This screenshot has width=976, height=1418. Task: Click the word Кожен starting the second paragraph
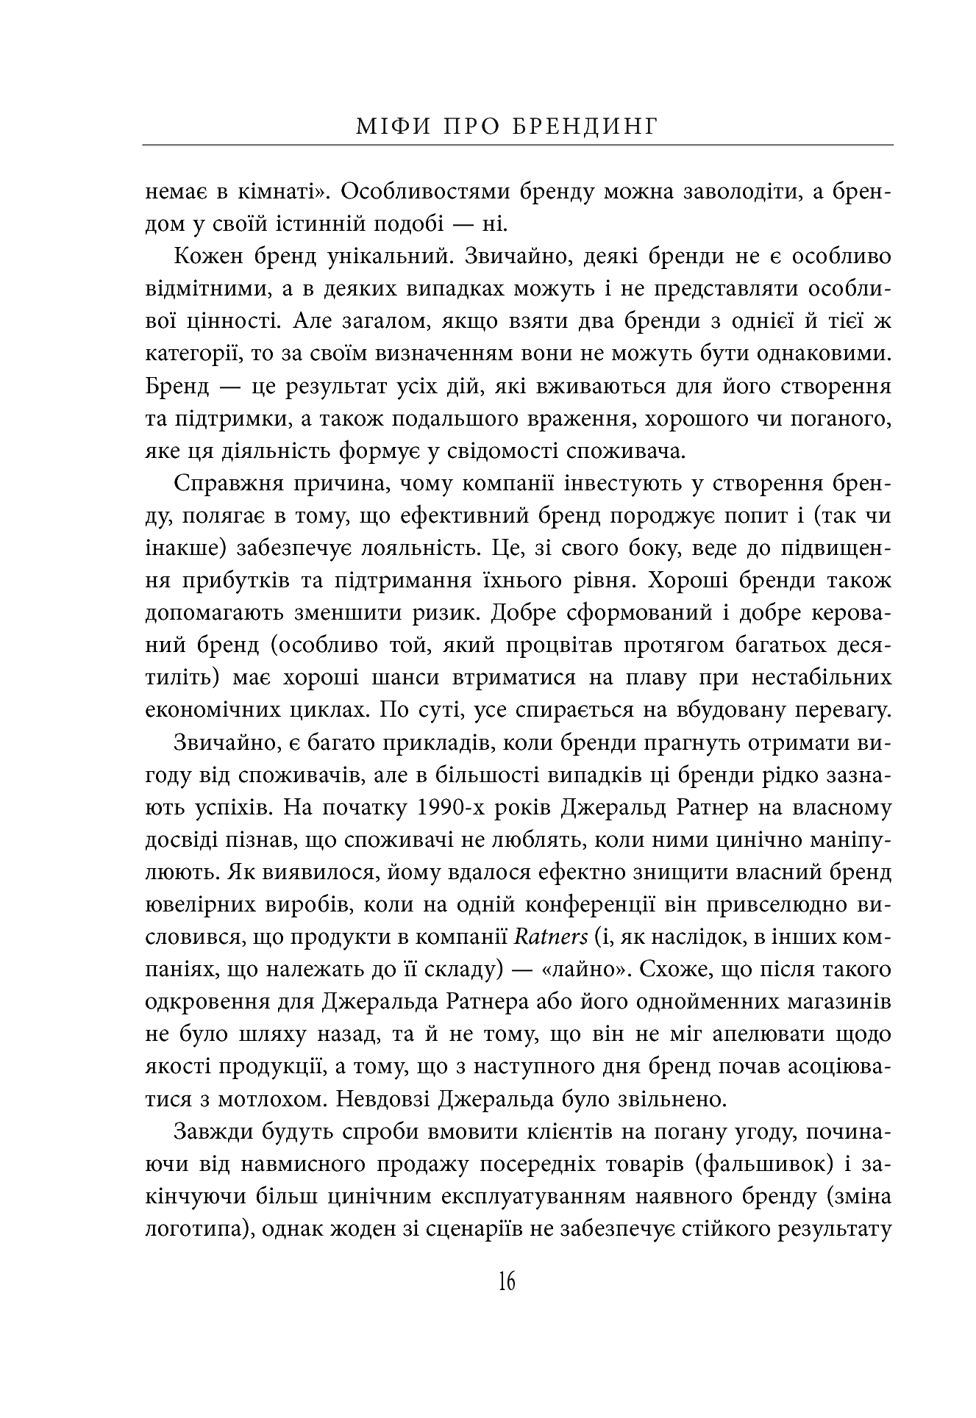coord(208,258)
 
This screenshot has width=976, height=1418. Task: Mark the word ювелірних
coord(201,905)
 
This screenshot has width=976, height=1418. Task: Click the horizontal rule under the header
coord(518,146)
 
